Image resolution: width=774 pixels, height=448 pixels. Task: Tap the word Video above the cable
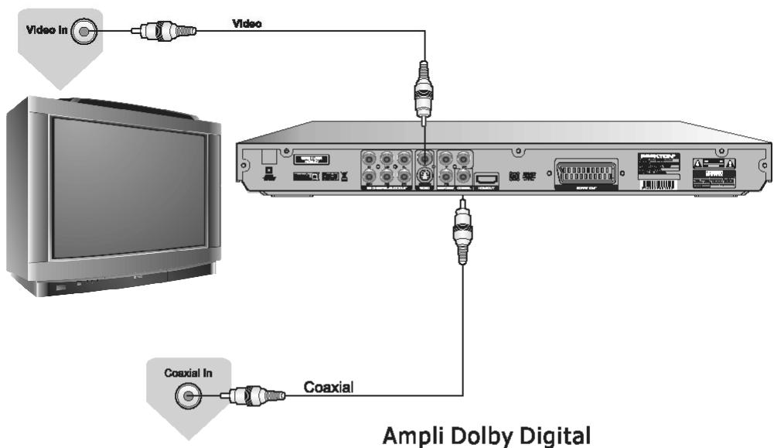(247, 24)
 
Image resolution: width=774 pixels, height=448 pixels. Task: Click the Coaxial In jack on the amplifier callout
(186, 397)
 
